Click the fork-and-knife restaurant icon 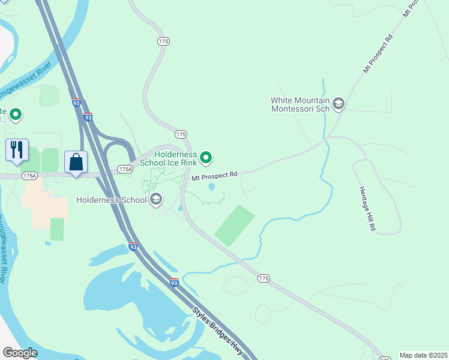[17, 149]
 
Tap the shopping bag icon [76, 161]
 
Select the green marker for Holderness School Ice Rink [206, 158]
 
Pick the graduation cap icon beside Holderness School [156, 199]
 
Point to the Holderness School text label [112, 200]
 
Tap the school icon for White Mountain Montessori [338, 104]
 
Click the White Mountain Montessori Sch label [300, 104]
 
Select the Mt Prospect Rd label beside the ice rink [214, 176]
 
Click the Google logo [20, 353]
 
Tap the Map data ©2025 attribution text [423, 355]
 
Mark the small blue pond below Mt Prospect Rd [211, 187]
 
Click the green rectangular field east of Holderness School [234, 225]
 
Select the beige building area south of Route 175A [45, 204]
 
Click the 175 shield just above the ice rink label [181, 134]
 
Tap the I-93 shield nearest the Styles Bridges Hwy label [174, 282]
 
